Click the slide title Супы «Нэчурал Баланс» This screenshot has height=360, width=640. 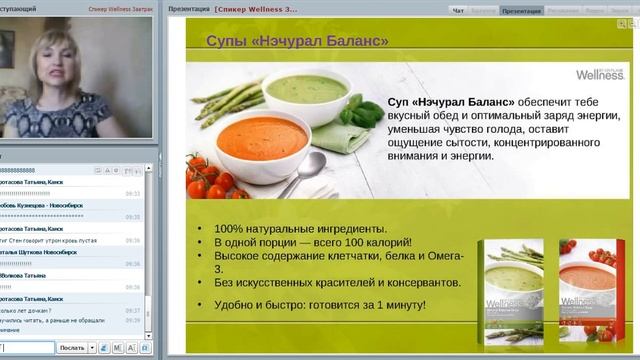(283, 41)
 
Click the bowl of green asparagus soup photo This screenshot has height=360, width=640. (308, 92)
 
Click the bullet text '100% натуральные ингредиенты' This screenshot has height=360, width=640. (298, 228)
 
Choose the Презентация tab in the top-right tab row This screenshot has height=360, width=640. (521, 10)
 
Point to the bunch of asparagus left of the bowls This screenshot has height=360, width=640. (215, 100)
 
